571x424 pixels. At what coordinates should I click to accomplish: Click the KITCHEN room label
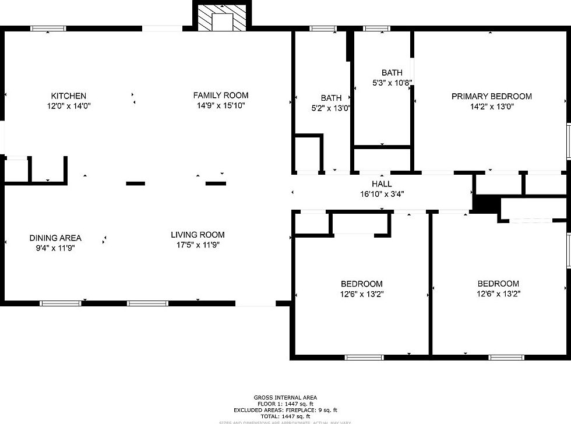tap(69, 96)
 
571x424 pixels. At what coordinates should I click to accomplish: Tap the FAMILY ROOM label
tap(221, 96)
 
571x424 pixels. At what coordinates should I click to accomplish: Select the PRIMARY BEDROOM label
tap(492, 97)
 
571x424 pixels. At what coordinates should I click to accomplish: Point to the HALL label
tap(382, 184)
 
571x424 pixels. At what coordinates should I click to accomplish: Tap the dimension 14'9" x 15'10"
tap(221, 105)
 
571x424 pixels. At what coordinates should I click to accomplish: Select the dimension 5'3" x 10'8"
tap(392, 83)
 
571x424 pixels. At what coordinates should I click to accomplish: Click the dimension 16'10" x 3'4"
tap(382, 193)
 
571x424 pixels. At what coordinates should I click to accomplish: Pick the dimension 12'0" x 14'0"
tap(69, 106)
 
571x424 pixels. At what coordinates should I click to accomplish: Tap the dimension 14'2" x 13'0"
tap(492, 107)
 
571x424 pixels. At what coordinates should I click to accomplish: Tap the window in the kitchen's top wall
tap(48, 28)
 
